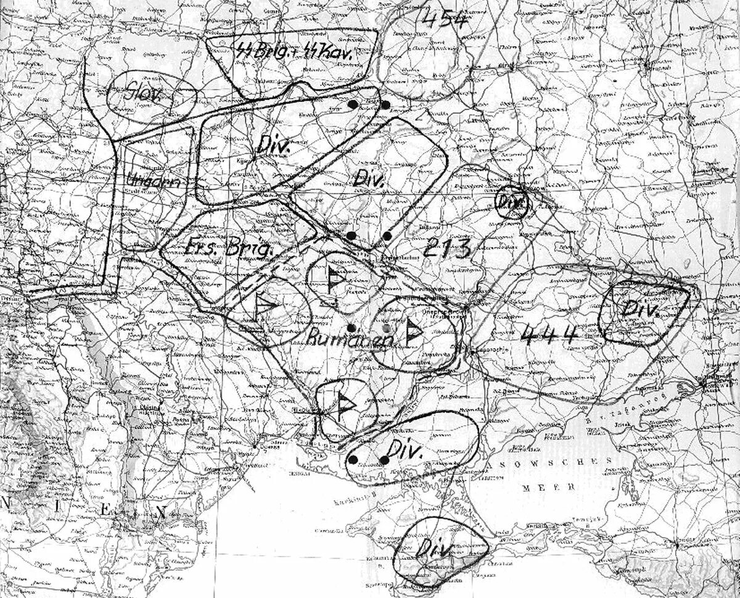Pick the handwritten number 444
coord(549,334)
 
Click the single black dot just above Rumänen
coord(350,327)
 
